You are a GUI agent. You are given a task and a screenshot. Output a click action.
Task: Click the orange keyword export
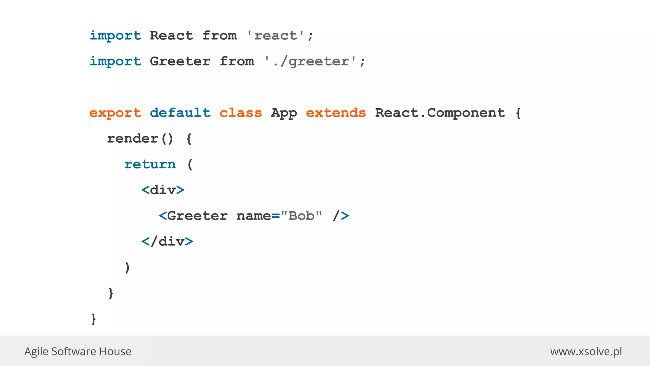click(x=115, y=113)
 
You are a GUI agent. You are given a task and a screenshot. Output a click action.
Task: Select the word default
click(x=180, y=113)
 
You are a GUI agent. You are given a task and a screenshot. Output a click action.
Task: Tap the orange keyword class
click(x=241, y=113)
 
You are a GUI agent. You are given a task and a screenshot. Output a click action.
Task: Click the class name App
click(x=284, y=113)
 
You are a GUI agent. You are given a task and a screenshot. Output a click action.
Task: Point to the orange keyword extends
click(x=336, y=113)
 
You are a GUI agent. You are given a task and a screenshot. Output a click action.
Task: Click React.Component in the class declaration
click(x=440, y=113)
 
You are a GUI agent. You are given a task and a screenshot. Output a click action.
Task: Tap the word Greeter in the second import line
click(x=180, y=61)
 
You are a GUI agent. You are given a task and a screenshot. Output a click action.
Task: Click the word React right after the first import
click(x=171, y=36)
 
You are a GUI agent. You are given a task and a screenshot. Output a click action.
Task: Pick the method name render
click(x=133, y=139)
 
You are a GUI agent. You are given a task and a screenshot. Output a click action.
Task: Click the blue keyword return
click(x=150, y=165)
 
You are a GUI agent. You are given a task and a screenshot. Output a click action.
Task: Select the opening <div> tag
click(x=163, y=190)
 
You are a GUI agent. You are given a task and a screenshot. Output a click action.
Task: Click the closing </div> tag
click(x=167, y=242)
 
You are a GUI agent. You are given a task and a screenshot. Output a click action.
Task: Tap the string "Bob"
click(x=302, y=216)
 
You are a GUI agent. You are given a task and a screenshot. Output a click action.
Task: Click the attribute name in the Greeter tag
click(x=254, y=216)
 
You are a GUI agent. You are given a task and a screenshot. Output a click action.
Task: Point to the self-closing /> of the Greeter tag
click(x=341, y=216)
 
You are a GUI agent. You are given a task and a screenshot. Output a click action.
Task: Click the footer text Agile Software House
click(x=78, y=351)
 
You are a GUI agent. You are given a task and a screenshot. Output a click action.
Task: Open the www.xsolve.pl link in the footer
click(x=586, y=351)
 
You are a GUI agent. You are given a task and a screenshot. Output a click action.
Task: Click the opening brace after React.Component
click(x=518, y=113)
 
